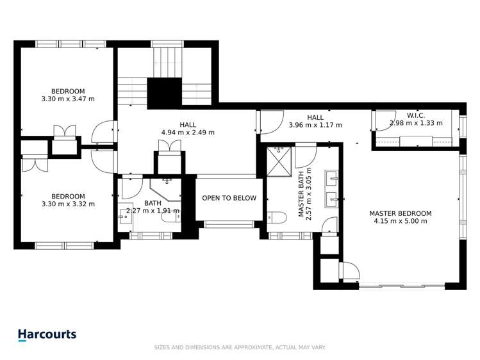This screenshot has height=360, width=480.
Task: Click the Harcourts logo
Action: click(47, 334)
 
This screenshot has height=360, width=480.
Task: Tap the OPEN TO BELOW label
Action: click(229, 198)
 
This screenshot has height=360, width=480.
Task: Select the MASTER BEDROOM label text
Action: click(400, 213)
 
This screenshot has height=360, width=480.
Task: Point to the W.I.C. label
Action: click(416, 115)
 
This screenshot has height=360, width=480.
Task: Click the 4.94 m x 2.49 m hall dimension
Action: click(188, 133)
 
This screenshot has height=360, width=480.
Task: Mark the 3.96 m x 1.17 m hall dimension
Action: click(315, 125)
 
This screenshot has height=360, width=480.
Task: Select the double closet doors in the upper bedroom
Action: click(64, 131)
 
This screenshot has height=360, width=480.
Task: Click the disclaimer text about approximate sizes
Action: click(240, 347)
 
